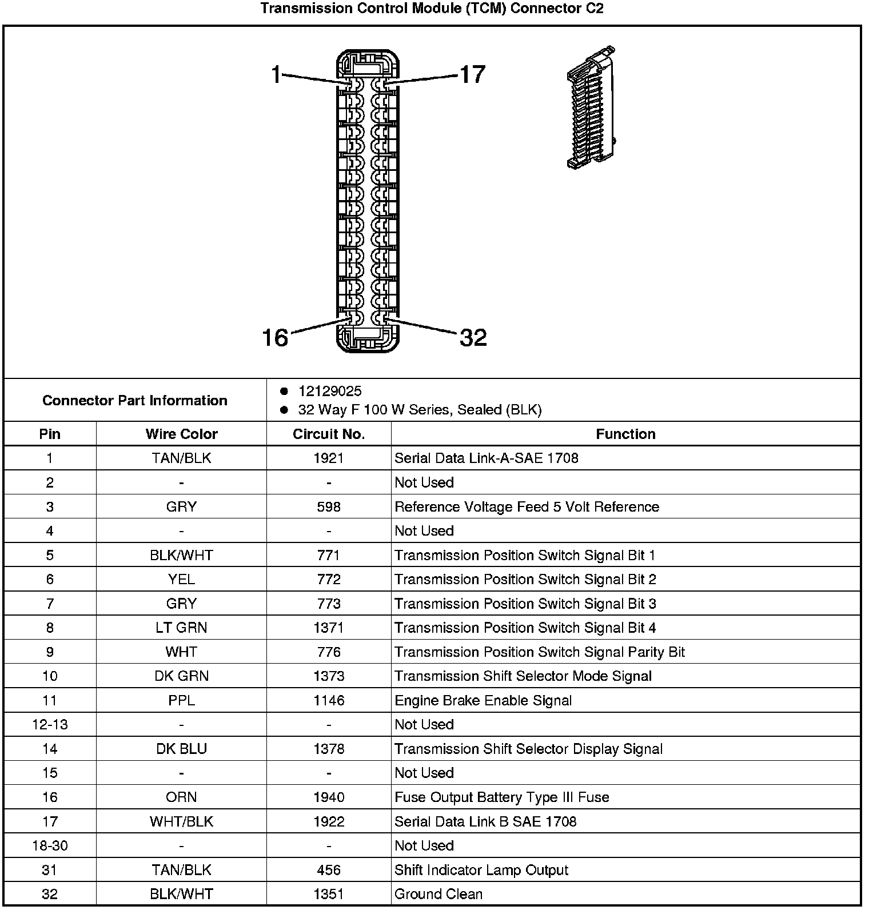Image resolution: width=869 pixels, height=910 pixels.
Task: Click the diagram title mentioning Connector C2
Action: pos(432,9)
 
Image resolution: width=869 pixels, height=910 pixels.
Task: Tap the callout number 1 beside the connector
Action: pos(276,74)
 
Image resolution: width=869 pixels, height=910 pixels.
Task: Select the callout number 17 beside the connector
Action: pos(472,74)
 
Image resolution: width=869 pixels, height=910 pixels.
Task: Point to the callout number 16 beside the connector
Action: pos(275,338)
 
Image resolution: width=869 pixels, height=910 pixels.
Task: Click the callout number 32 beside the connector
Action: pos(473,338)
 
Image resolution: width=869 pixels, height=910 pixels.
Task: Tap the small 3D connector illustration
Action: pos(591,107)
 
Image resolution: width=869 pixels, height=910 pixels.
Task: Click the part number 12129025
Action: pos(330,391)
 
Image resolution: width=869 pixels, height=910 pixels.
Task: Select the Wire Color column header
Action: pos(181,434)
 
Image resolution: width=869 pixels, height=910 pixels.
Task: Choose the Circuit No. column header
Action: pos(329,434)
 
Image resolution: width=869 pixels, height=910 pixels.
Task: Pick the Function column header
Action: pos(625,434)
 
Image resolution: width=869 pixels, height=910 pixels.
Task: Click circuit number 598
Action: pos(329,507)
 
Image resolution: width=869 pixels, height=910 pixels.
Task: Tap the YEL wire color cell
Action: pos(181,580)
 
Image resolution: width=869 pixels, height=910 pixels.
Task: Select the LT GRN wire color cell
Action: pos(181,628)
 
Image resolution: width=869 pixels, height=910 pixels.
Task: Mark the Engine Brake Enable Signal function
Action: pos(483,701)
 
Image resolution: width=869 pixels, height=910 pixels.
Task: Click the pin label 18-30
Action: pos(50,846)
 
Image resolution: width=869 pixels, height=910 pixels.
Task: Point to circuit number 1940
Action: pos(329,797)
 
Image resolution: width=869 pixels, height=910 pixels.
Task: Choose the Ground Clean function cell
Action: pos(439,894)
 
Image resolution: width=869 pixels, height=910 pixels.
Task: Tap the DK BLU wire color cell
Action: pos(181,749)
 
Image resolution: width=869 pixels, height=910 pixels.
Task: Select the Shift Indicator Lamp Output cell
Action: pos(481,870)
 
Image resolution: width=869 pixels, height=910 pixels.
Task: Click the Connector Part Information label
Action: pos(135,400)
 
